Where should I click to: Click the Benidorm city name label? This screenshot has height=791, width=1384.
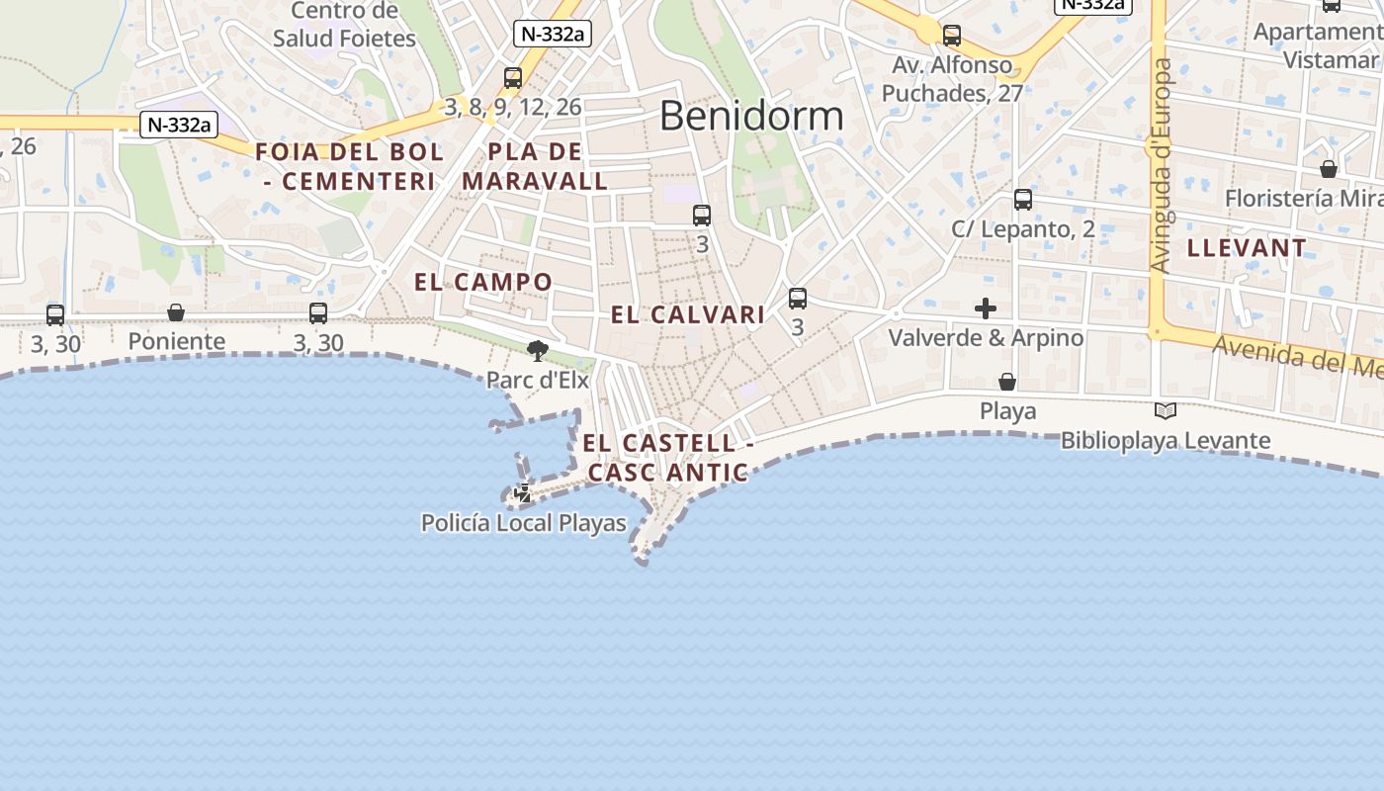751,116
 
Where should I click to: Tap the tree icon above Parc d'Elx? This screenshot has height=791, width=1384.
538,350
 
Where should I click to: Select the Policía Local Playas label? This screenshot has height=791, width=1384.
524,523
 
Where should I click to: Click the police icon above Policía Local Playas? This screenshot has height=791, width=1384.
523,492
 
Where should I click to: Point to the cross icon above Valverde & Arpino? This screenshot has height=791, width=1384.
986,308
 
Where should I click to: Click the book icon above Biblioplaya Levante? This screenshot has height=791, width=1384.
1166,410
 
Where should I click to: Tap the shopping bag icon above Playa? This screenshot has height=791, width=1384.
1007,382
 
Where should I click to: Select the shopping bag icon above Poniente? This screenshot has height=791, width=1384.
176,312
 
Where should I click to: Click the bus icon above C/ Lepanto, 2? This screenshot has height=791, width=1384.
1023,200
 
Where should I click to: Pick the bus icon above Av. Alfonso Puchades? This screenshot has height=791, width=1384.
952,36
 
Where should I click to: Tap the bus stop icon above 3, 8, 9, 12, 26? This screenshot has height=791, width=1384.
512,77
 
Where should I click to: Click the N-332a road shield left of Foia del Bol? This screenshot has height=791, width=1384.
179,125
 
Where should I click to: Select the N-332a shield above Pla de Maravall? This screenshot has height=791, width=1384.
552,34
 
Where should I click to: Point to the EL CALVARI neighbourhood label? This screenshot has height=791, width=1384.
688,315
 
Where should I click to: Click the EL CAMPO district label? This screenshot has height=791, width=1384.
483,282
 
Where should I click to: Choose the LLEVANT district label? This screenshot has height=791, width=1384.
1247,248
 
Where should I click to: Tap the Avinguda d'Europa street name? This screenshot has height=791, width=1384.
1162,165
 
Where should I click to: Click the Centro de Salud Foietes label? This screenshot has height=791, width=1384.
344,25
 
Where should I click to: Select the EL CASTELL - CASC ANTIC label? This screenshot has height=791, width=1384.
668,458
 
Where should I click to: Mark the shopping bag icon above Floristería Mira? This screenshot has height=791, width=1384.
1329,169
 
